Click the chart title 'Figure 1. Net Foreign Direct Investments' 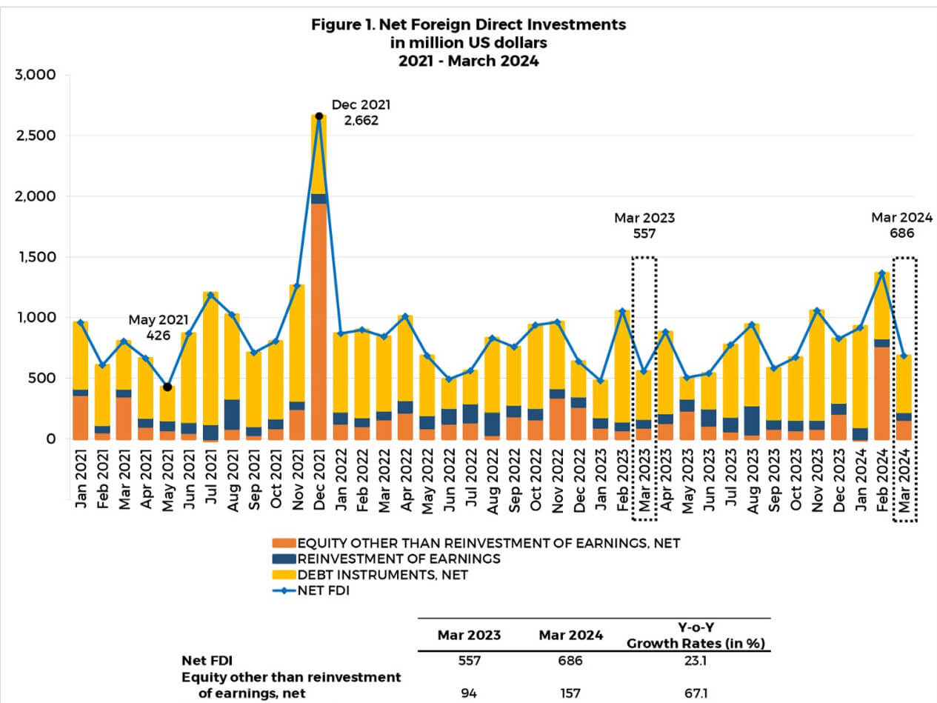(468, 24)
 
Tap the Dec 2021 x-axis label (319, 482)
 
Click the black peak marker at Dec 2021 (319, 116)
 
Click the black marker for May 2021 (167, 387)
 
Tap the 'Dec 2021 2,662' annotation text (361, 112)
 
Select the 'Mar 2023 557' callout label (644, 226)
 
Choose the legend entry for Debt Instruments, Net (382, 575)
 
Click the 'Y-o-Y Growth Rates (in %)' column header (696, 635)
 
